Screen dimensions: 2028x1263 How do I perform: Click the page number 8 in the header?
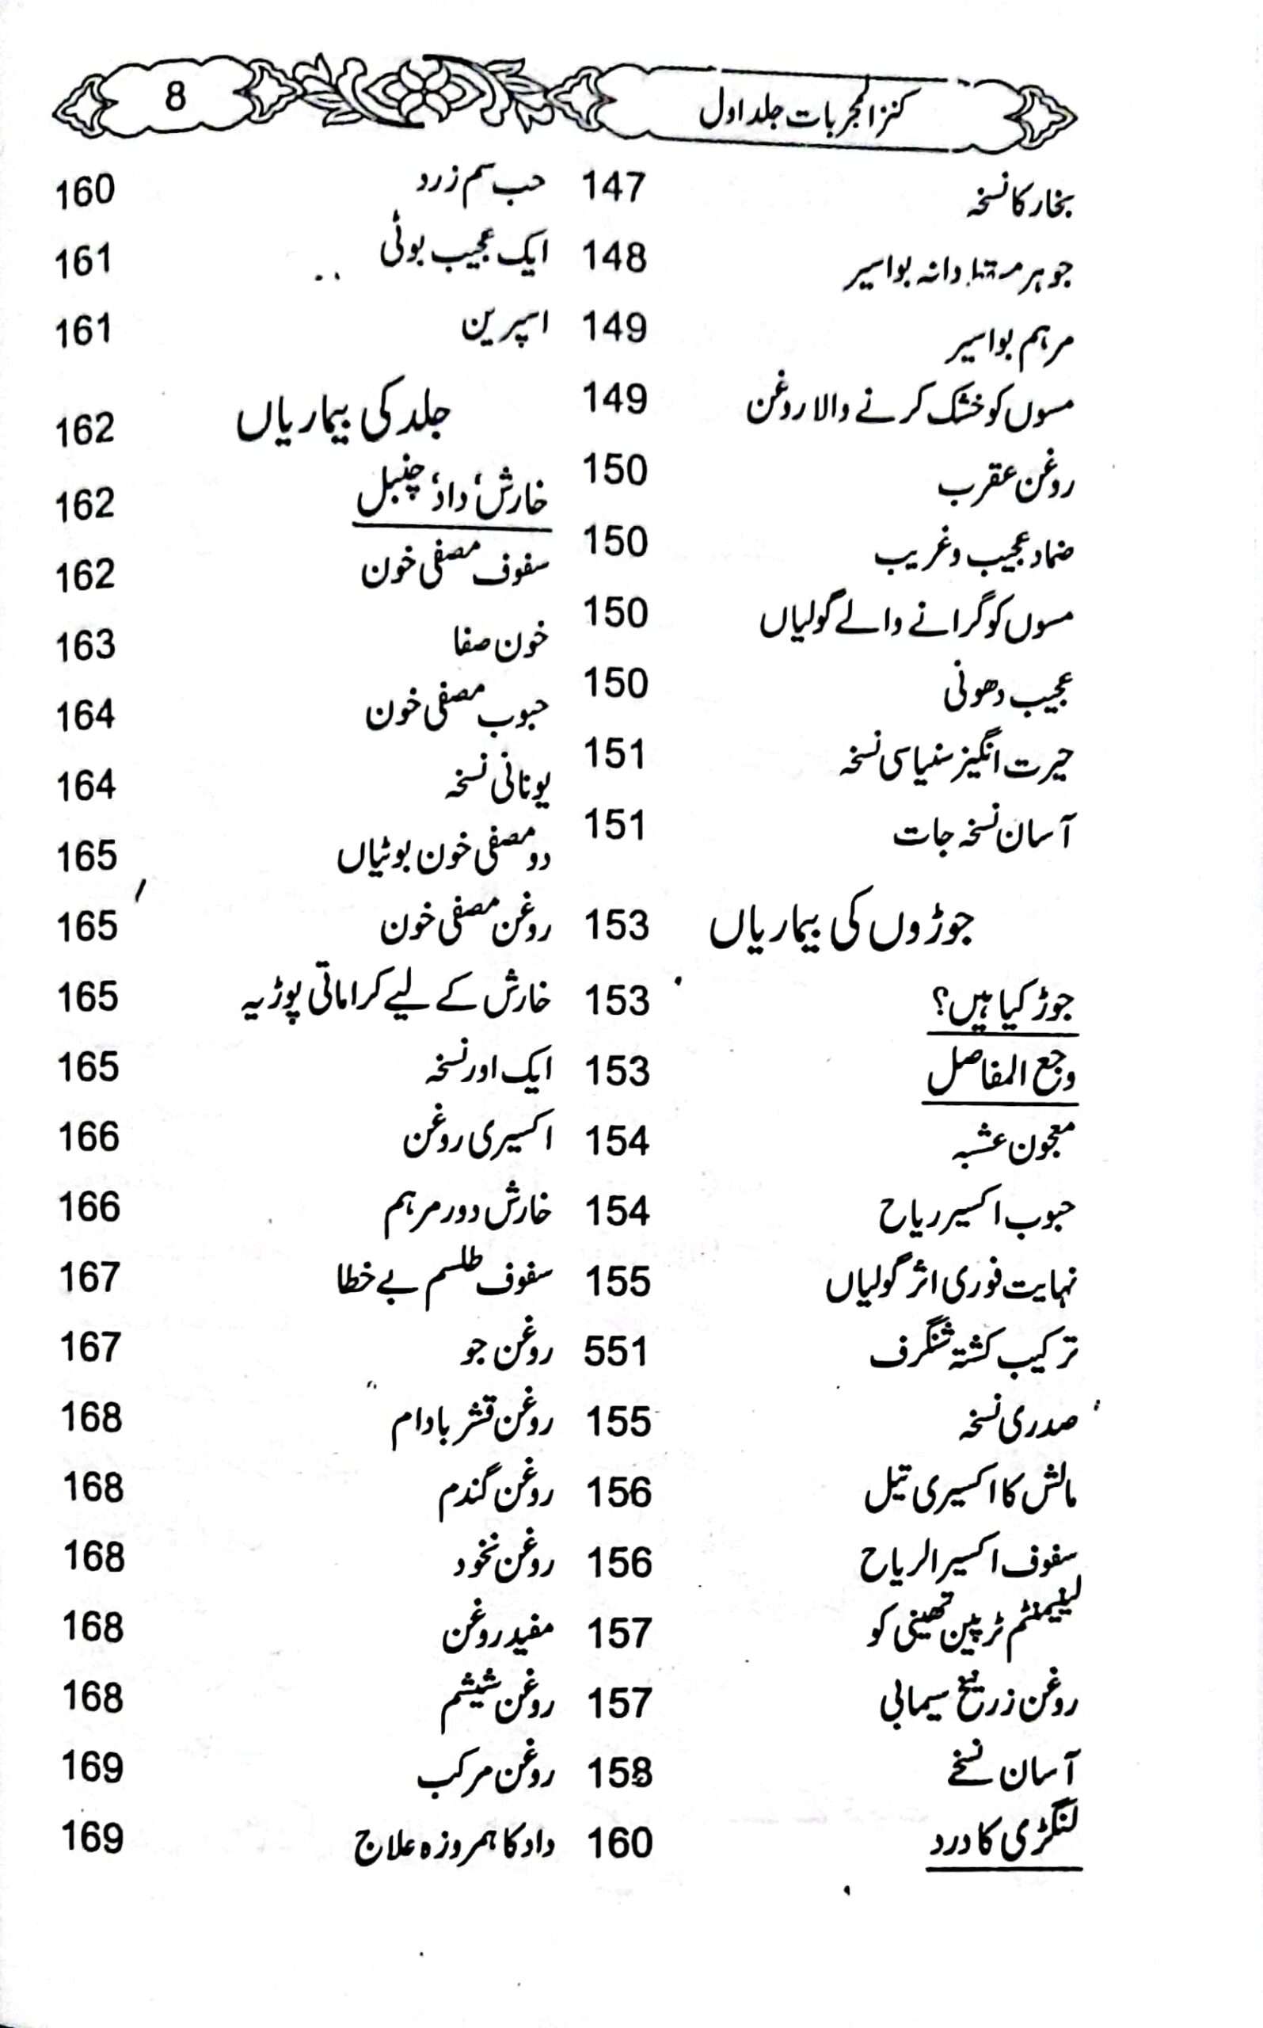point(174,97)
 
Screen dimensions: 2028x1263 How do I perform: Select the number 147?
point(614,186)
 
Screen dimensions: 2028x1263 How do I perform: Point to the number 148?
point(614,257)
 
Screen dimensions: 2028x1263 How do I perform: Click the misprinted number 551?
point(615,1351)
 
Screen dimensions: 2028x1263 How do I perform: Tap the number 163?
point(86,646)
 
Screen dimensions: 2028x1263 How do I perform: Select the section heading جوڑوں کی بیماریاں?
point(841,930)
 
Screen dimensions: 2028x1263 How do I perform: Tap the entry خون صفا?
point(500,642)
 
